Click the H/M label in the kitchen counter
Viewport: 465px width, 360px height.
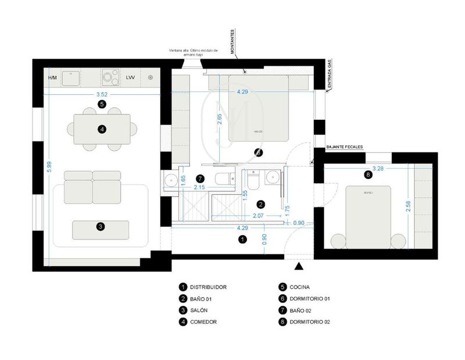pyautogui.click(x=52, y=77)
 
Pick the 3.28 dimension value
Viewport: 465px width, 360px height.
pyautogui.click(x=377, y=169)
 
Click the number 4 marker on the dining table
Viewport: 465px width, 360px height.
pyautogui.click(x=101, y=130)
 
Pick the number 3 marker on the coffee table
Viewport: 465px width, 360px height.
pyautogui.click(x=100, y=226)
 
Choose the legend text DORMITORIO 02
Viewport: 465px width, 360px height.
pyautogui.click(x=310, y=322)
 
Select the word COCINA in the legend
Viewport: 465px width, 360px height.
pyautogui.click(x=300, y=287)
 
